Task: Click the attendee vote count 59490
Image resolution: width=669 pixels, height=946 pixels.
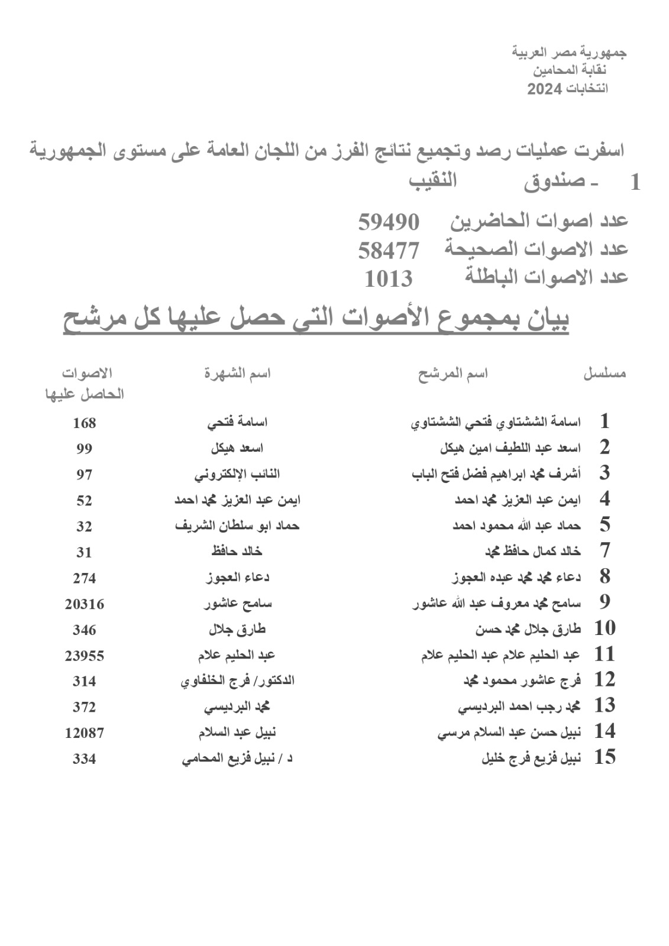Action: [x=389, y=223]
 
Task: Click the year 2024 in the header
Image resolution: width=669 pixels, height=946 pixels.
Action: [x=547, y=90]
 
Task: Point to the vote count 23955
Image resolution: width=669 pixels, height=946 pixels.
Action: [x=84, y=656]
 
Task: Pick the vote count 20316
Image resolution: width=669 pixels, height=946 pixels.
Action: [x=84, y=604]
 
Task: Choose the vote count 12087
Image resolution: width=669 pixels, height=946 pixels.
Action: [x=84, y=733]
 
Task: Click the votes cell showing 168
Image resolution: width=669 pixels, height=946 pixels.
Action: [x=84, y=423]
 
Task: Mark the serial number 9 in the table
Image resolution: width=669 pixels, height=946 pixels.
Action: [x=604, y=602]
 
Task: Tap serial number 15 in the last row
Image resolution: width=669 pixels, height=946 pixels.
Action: [x=605, y=757]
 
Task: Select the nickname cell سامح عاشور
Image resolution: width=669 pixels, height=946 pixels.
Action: [x=238, y=604]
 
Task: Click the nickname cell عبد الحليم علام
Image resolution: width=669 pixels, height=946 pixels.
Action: [x=237, y=656]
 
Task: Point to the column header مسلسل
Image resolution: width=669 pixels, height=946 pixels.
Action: [x=605, y=374]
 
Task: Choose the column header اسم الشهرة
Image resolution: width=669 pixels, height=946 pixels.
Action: [x=237, y=374]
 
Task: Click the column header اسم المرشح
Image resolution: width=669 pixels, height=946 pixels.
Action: [x=453, y=374]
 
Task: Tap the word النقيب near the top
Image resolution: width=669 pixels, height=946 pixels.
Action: [x=433, y=180]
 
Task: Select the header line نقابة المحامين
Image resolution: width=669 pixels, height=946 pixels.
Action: [x=570, y=71]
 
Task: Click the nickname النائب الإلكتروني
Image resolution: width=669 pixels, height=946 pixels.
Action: [x=237, y=475]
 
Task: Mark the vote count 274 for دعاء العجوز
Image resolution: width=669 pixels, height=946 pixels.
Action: [x=84, y=578]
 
